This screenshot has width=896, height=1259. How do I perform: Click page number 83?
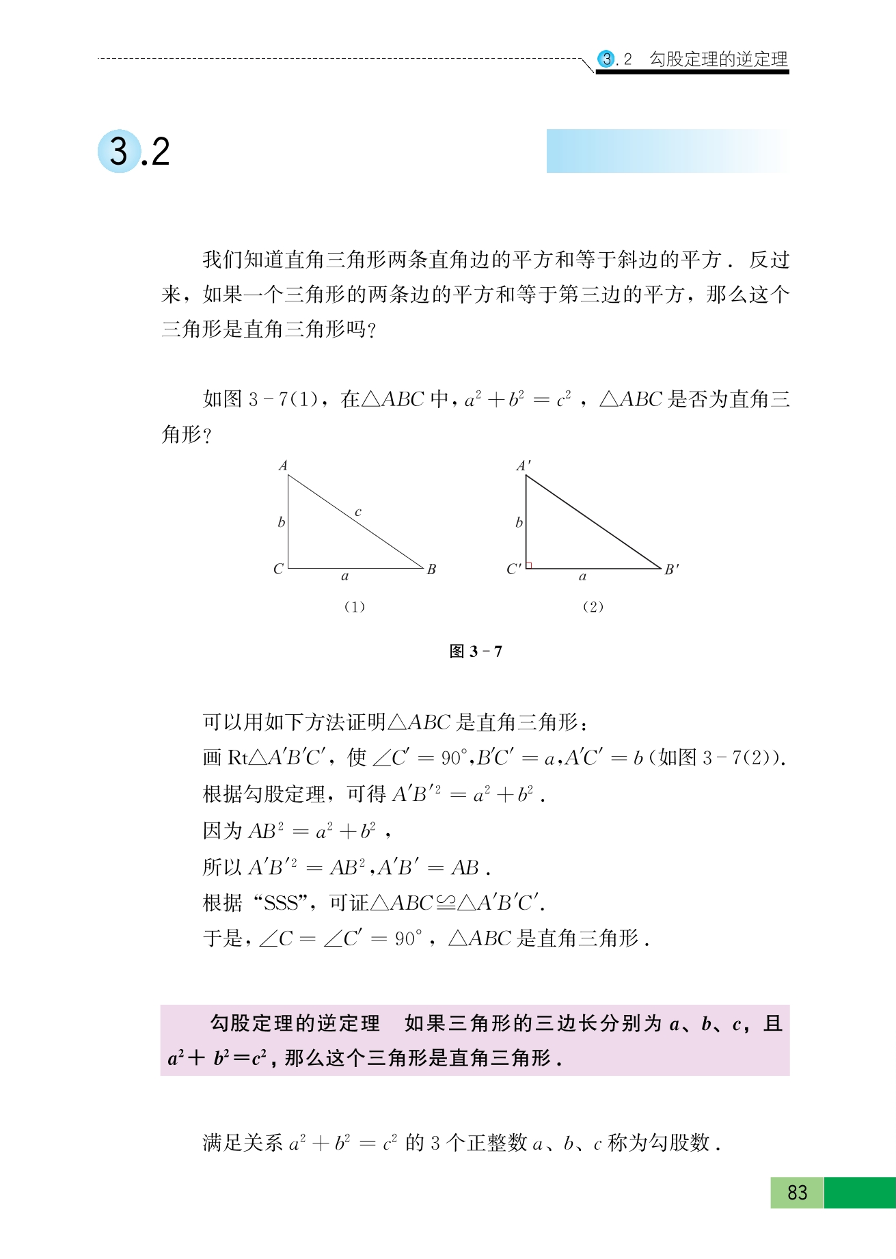[797, 1193]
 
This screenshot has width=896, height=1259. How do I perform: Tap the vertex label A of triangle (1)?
[283, 466]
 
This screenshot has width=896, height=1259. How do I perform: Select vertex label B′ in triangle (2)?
[671, 569]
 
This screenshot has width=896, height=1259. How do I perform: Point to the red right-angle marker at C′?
[529, 565]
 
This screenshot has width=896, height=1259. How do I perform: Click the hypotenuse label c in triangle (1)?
[357, 512]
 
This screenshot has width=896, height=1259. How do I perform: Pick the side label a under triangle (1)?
[345, 577]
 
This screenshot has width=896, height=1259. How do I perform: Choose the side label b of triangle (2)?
[519, 523]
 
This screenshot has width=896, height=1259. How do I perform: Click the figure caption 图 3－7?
[476, 651]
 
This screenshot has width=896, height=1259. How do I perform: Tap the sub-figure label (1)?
[354, 607]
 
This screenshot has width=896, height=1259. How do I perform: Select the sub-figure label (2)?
[593, 607]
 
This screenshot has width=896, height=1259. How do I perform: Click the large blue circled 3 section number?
[120, 151]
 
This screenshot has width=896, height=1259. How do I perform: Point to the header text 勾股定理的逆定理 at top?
[718, 59]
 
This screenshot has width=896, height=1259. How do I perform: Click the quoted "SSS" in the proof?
[282, 904]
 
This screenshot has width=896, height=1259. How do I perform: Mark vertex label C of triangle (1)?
[278, 569]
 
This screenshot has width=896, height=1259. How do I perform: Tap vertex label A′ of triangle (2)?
[524, 466]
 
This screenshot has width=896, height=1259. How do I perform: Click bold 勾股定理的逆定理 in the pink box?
[295, 1023]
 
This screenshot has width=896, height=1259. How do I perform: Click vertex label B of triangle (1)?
[431, 569]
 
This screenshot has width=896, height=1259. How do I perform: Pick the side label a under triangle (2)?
[582, 577]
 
